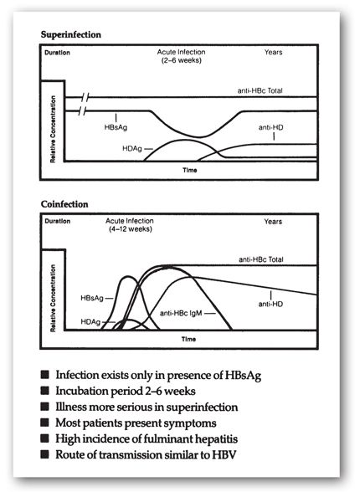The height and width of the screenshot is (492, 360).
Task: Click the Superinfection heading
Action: point(70,35)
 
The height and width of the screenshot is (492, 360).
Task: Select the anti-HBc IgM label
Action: point(182,312)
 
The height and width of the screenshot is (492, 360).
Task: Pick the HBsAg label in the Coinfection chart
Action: point(94,297)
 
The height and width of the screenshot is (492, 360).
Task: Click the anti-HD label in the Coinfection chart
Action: point(271,304)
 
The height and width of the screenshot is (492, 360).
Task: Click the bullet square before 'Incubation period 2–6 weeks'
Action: point(44,391)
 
